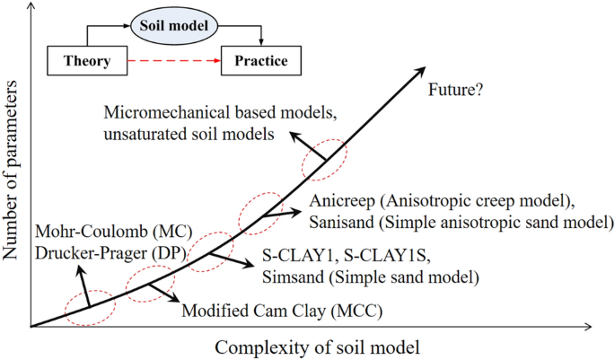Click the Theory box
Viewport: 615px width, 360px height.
click(x=87, y=61)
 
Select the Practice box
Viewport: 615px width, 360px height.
click(x=261, y=61)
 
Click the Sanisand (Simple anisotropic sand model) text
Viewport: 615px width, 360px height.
click(x=461, y=221)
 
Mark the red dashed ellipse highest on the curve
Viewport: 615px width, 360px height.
click(x=322, y=159)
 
